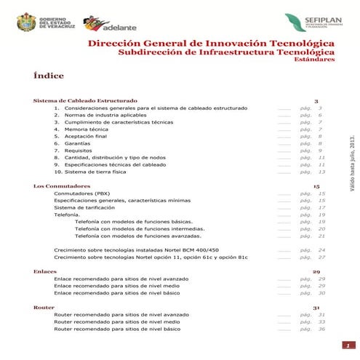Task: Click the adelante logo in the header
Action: pos(106,25)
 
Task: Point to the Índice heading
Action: pos(49,76)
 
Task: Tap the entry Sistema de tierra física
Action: pos(95,172)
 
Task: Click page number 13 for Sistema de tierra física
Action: pos(321,172)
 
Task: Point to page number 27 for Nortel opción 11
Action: pos(321,257)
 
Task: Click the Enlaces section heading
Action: pos(44,271)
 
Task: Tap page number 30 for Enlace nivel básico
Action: pos(321,292)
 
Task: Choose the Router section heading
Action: pos(43,308)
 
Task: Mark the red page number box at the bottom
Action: pos(348,345)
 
